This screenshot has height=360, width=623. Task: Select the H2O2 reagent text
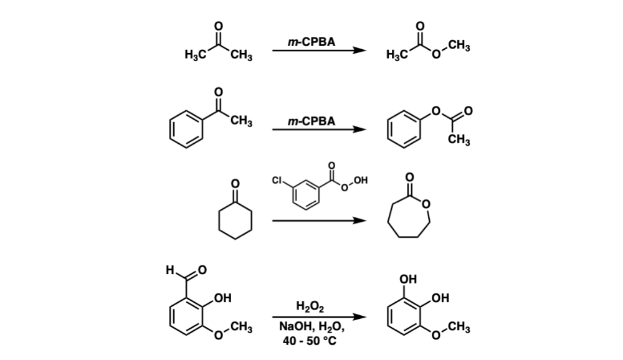(x=311, y=305)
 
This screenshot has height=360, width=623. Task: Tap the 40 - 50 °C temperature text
(x=311, y=340)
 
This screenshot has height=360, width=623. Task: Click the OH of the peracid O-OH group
(x=359, y=181)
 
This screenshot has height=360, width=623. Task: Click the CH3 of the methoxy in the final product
(x=459, y=328)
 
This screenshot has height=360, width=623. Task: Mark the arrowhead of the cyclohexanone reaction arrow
(x=358, y=220)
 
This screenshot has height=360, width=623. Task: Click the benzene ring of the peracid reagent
(x=310, y=196)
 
